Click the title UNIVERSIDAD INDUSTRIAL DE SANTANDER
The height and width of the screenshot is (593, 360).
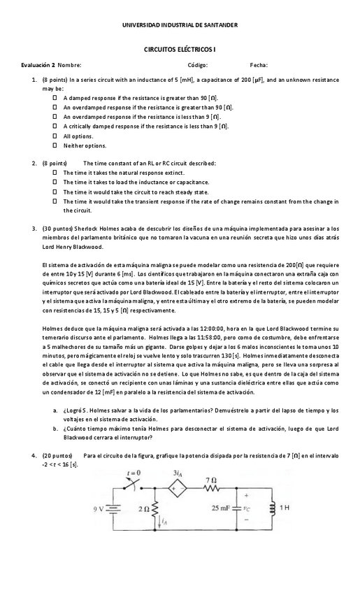tap(180, 25)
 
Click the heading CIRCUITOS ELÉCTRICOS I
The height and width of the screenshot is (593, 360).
tap(180, 51)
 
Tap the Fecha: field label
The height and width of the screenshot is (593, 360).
tap(259, 65)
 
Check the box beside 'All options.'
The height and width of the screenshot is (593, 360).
tap(54, 136)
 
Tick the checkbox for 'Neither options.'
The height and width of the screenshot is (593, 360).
tap(54, 145)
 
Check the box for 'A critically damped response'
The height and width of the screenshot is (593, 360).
tap(54, 127)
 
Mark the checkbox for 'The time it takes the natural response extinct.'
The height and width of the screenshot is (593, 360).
tap(54, 172)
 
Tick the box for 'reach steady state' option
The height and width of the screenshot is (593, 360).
tap(54, 192)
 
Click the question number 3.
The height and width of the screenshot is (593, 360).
tap(34, 228)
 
